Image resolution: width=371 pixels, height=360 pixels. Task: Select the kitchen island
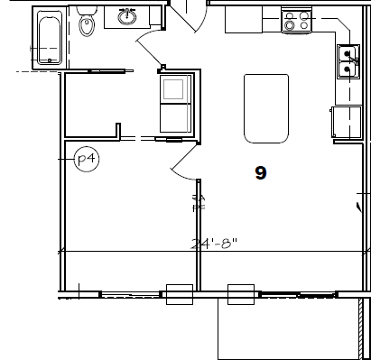coord(265,108)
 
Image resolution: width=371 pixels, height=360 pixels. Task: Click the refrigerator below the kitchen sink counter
coord(346,123)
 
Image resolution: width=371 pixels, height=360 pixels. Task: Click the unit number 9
coord(260,173)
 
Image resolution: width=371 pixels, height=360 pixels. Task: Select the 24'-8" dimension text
coord(213,243)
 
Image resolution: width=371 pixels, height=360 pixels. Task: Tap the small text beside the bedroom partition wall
coord(195,201)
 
